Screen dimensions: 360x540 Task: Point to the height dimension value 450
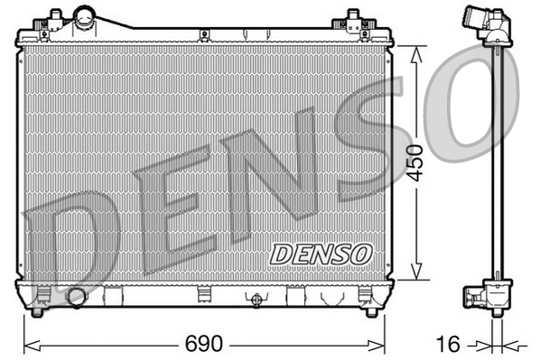[415, 162]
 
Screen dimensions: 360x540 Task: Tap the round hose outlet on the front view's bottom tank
[76, 297]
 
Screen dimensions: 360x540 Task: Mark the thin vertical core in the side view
[497, 162]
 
